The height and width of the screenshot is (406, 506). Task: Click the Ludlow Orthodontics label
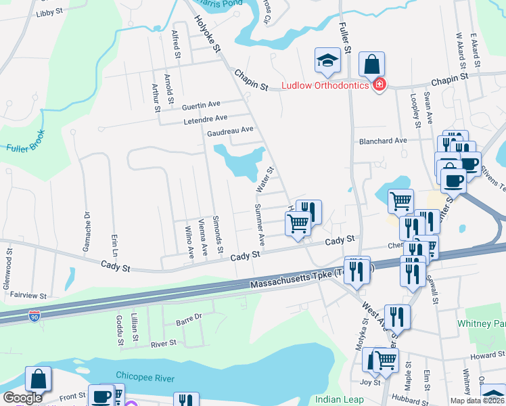pyautogui.click(x=325, y=85)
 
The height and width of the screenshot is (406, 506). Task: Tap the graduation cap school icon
pyautogui.click(x=327, y=61)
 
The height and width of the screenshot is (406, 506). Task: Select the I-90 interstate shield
pyautogui.click(x=34, y=316)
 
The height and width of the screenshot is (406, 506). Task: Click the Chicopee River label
pyautogui.click(x=145, y=378)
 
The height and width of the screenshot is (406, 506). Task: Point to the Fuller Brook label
pyautogui.click(x=26, y=139)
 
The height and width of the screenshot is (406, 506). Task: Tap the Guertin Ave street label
pyautogui.click(x=201, y=106)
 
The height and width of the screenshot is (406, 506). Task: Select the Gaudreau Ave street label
pyautogui.click(x=230, y=129)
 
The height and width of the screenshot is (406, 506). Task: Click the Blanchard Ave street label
pyautogui.click(x=383, y=141)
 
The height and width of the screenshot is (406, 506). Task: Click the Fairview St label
pyautogui.click(x=24, y=296)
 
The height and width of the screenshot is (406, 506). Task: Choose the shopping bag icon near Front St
pyautogui.click(x=39, y=379)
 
